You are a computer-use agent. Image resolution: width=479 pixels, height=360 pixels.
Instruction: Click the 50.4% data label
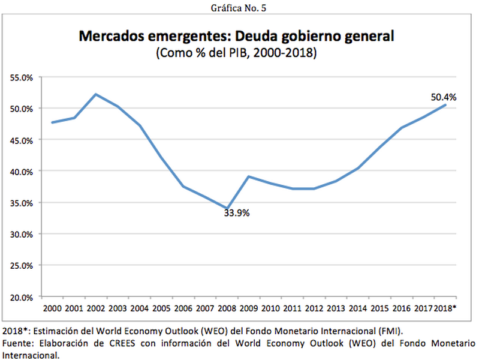tap(444, 97)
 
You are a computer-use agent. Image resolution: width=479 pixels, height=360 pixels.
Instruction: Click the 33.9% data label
tap(236, 213)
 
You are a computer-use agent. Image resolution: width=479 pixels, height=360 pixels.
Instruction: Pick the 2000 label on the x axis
tap(52, 308)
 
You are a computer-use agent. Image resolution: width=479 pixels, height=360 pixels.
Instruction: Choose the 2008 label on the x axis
tap(226, 308)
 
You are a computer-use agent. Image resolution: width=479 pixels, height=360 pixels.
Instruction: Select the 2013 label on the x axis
tap(336, 308)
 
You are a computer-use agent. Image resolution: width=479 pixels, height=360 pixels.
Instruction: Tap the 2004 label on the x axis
tap(139, 308)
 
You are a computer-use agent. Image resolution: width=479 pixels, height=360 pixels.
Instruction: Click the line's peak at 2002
tap(96, 94)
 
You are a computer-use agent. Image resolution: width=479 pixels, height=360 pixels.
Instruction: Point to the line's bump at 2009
tap(248, 176)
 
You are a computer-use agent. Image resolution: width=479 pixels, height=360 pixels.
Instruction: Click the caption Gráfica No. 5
tap(239, 8)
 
